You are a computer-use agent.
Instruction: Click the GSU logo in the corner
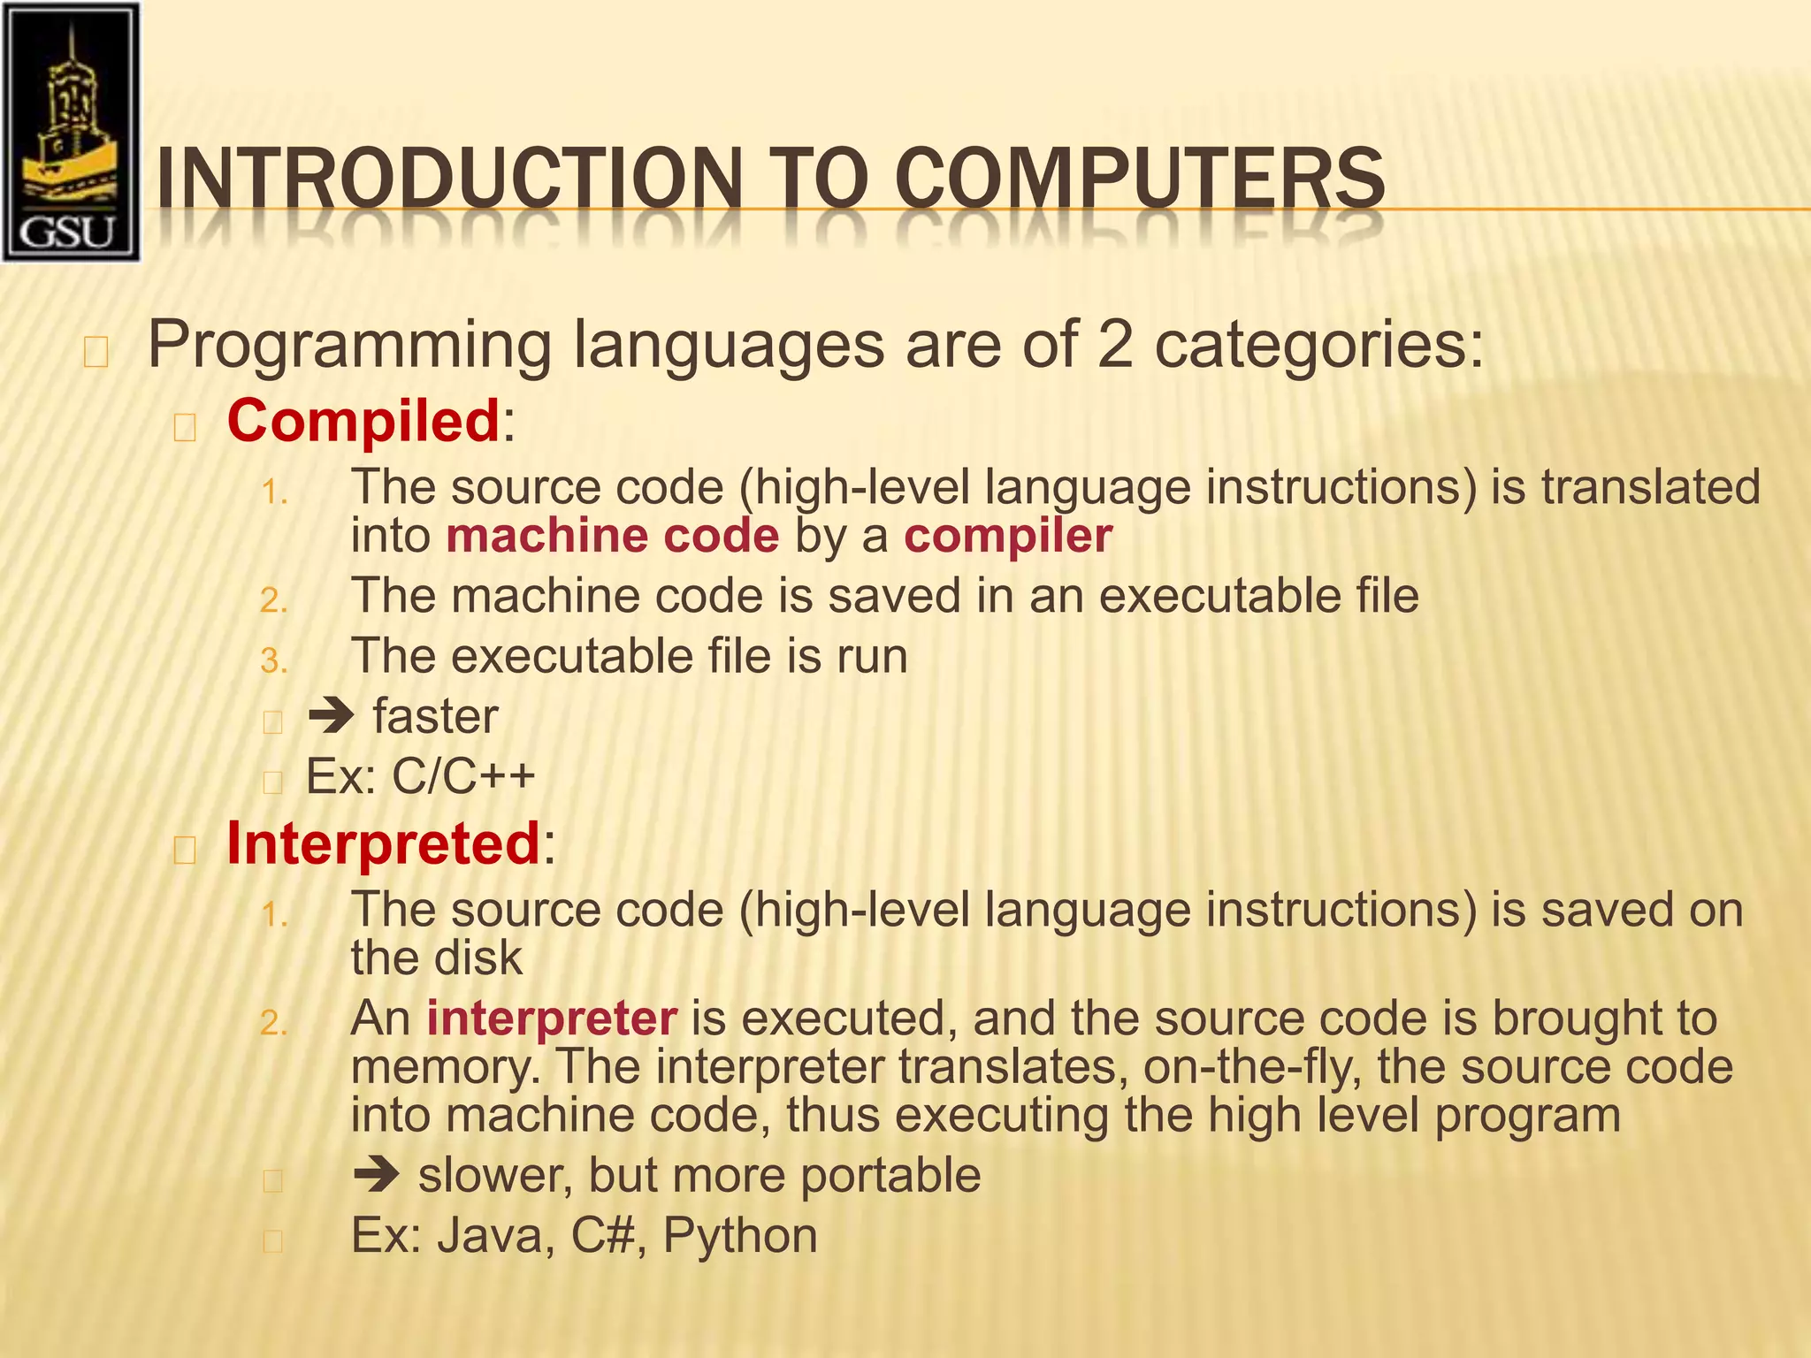click(71, 133)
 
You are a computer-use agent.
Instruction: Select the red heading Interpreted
click(383, 843)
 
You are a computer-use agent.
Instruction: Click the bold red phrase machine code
click(613, 537)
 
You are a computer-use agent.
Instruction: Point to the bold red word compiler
click(1007, 537)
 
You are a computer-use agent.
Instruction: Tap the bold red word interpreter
click(552, 1019)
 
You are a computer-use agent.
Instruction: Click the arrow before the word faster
click(331, 716)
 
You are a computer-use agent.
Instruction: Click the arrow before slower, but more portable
click(376, 1176)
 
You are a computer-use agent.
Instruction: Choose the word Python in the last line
click(740, 1236)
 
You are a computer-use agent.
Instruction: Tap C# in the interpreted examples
click(604, 1236)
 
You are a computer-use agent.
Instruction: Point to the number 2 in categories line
click(1115, 345)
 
